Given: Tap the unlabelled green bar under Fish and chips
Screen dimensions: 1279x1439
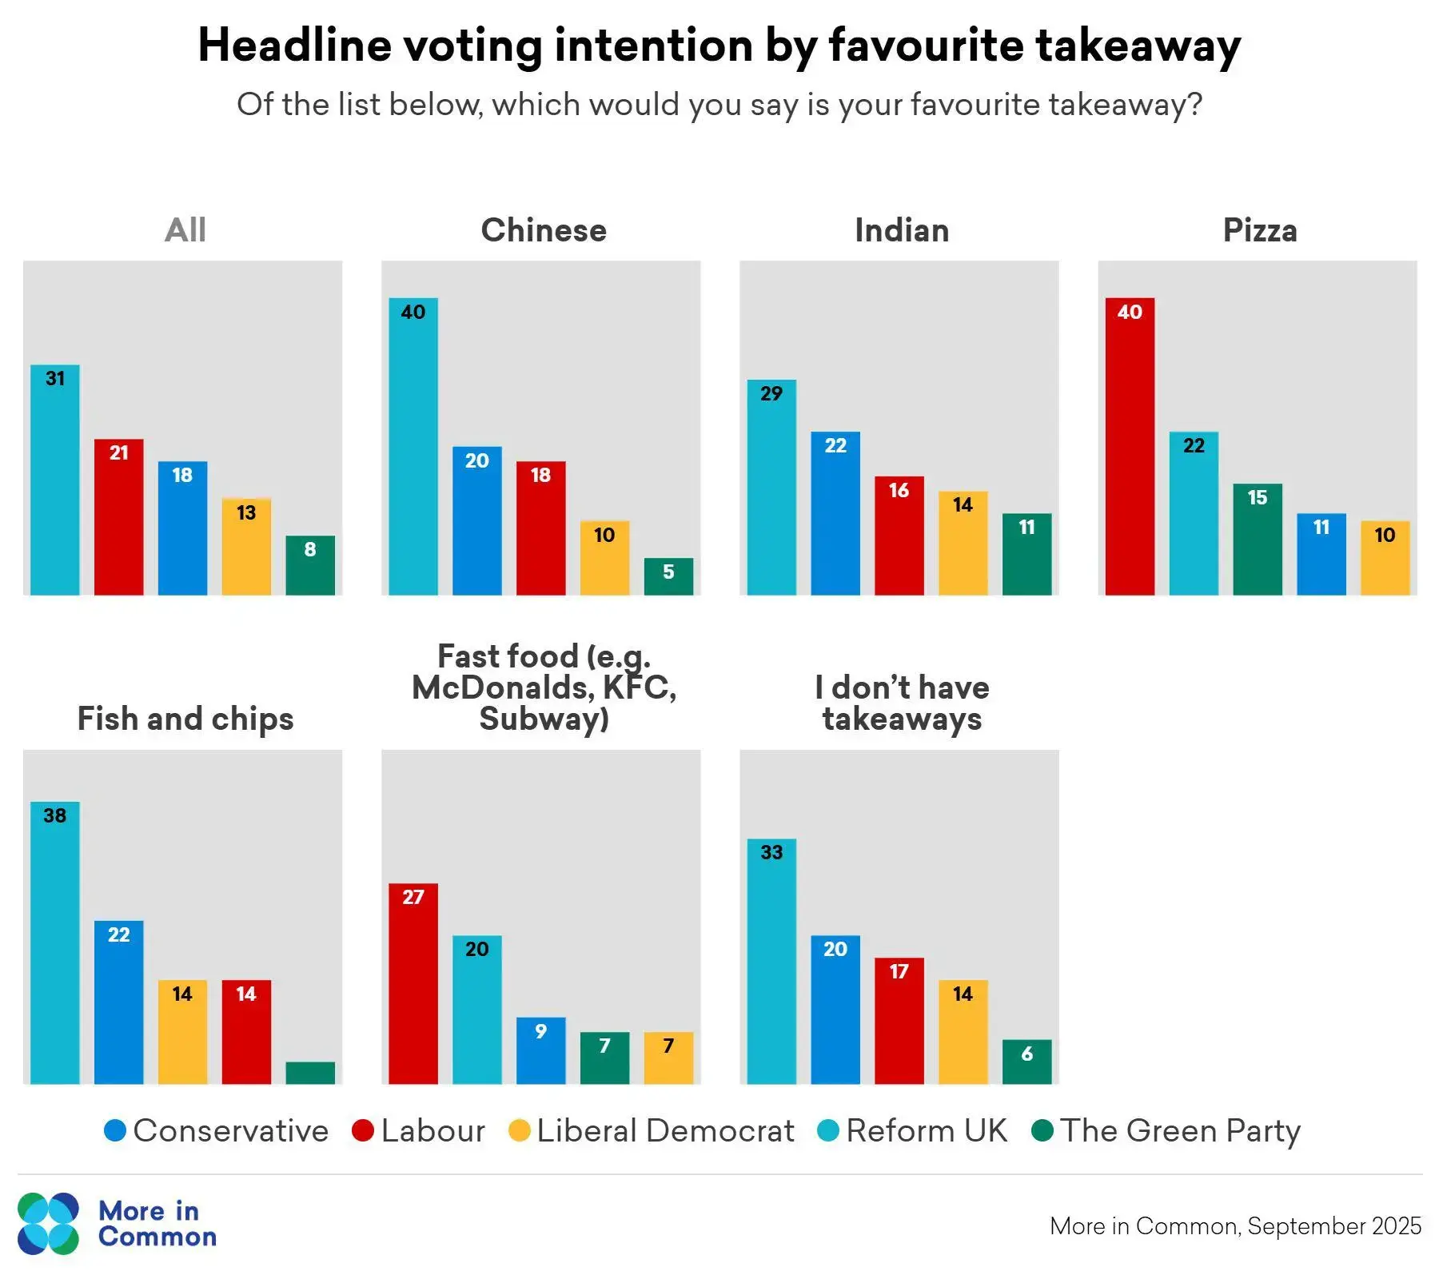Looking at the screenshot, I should point(310,1073).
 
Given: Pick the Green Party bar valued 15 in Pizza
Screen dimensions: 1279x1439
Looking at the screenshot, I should point(1258,539).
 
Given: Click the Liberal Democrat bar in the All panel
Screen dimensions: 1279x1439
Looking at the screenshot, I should point(246,547).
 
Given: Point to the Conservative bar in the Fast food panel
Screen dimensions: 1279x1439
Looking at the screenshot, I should point(540,1050).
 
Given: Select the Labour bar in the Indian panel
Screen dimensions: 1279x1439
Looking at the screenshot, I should point(899,536).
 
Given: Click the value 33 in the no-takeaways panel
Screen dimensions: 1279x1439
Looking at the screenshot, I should point(771,852).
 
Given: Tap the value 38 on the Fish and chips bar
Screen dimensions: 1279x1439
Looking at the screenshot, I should point(55,815).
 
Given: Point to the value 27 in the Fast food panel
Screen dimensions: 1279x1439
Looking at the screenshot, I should point(413,897).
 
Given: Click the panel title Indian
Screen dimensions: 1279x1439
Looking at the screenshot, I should point(902,230).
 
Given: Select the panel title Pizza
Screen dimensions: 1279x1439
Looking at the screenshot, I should point(1260,230).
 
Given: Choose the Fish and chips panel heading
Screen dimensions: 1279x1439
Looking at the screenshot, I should point(185,719).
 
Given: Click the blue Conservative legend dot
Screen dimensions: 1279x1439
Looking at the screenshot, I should point(115,1130).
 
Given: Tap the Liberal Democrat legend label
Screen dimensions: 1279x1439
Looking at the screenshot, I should point(665,1130).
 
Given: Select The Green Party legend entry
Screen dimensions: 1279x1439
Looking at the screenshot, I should point(1180,1130).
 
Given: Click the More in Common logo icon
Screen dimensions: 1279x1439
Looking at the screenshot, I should point(49,1223).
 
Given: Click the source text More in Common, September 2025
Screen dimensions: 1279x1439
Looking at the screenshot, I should point(1235,1225).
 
